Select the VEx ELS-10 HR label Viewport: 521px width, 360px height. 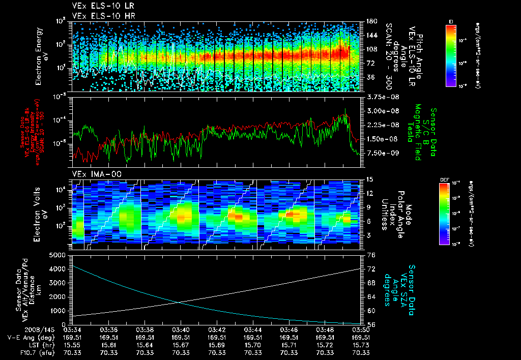(x=99, y=16)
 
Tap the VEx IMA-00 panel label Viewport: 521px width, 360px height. (x=93, y=174)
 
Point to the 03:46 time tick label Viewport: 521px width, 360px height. (x=289, y=329)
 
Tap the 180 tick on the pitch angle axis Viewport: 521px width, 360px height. (x=370, y=21)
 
